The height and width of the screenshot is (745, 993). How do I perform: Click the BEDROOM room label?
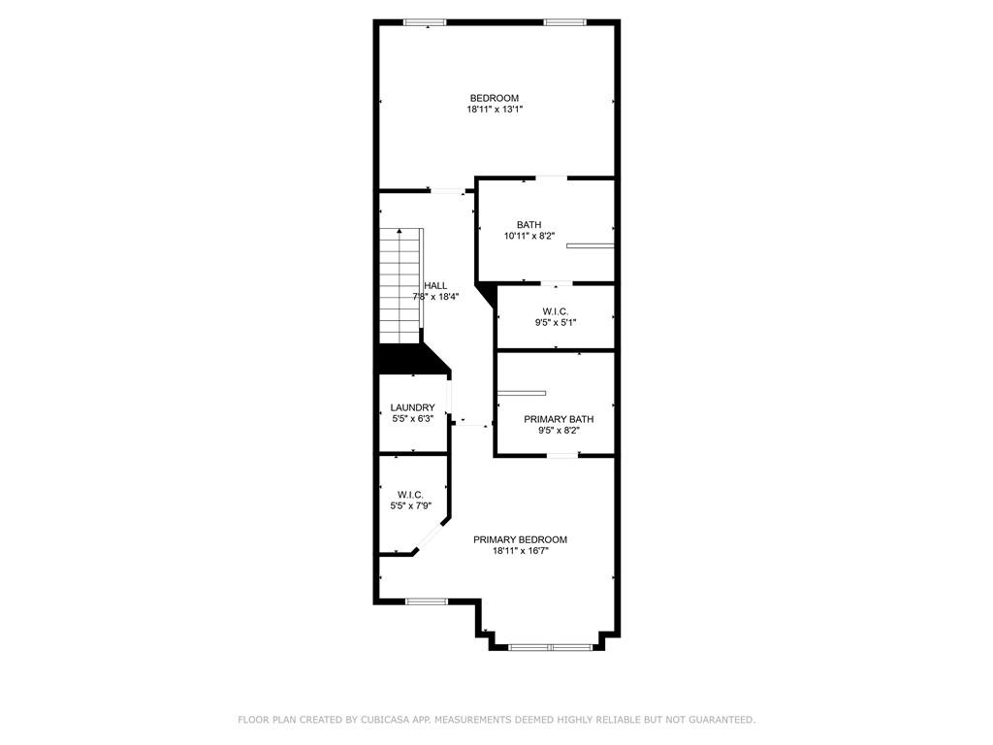[494, 98]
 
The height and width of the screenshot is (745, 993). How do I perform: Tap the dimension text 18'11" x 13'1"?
[495, 109]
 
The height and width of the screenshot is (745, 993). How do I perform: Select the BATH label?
[529, 225]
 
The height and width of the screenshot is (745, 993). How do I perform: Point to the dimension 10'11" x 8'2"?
[529, 237]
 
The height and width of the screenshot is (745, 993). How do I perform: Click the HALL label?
[435, 286]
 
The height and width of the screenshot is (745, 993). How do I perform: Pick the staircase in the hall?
[400, 286]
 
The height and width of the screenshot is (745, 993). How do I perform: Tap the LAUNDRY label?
[412, 407]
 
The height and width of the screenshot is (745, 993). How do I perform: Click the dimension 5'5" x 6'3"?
[413, 419]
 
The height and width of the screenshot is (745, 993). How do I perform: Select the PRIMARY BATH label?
[559, 419]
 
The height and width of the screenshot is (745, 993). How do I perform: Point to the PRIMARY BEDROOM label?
[520, 539]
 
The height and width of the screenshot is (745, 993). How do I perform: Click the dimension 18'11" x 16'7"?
[521, 551]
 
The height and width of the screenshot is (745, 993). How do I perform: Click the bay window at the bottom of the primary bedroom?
[551, 647]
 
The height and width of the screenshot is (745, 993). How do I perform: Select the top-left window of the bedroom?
[425, 23]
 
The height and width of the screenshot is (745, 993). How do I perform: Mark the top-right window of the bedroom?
[565, 23]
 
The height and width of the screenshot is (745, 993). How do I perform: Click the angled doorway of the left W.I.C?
[432, 537]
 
